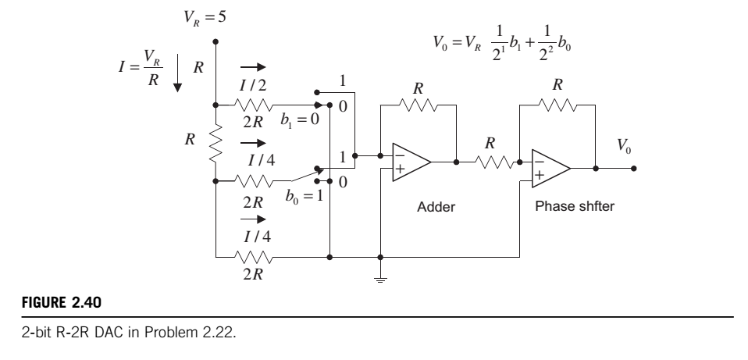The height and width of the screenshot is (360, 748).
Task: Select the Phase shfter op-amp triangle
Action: pyautogui.click(x=550, y=169)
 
